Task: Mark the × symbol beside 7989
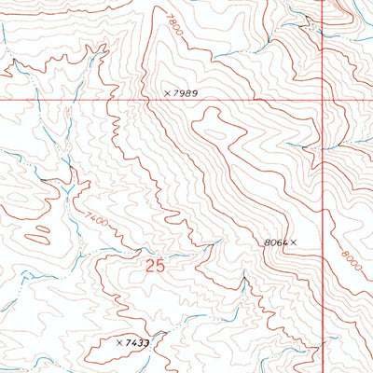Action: tap(168, 93)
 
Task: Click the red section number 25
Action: tap(156, 267)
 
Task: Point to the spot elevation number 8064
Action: tap(276, 242)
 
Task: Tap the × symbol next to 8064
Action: tap(294, 242)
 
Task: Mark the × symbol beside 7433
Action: tap(118, 343)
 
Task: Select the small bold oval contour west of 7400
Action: tap(40, 228)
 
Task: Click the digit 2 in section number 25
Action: tap(151, 267)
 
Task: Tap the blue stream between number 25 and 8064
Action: tap(200, 249)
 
